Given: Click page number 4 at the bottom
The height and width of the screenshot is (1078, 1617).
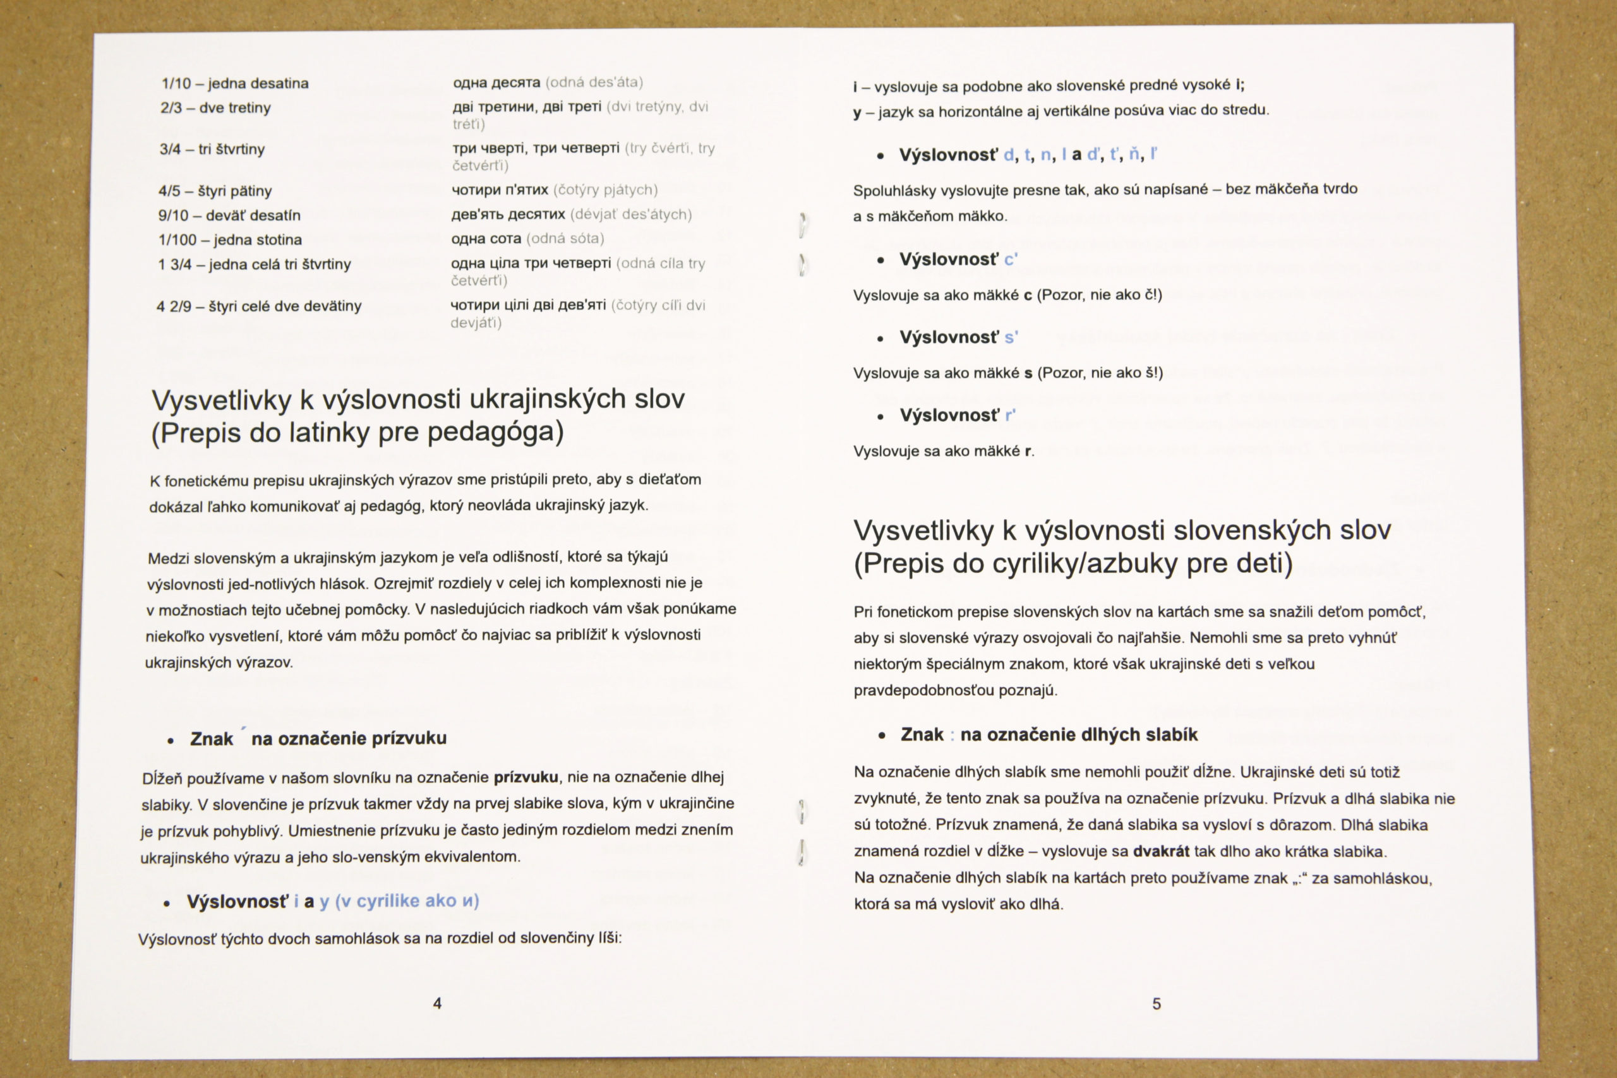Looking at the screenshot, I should (437, 1003).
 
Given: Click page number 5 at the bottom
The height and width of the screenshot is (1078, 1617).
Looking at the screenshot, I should (1157, 1003).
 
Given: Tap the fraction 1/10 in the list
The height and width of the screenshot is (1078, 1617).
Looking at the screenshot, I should (176, 83).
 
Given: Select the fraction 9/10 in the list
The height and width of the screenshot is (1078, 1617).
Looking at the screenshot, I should (173, 215).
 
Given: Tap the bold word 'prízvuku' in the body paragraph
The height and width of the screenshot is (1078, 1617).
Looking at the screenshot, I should (526, 777).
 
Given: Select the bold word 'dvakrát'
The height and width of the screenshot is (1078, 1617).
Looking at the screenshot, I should (1161, 851).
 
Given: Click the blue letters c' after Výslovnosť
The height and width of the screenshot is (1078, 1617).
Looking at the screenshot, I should (1011, 259).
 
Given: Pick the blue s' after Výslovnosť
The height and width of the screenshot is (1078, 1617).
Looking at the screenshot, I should (1011, 337).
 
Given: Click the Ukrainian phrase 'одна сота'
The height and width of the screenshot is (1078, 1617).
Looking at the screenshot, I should (486, 239).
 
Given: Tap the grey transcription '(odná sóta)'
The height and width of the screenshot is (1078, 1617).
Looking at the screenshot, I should (565, 239).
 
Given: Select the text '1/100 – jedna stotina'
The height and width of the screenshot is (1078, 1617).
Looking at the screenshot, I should (231, 240).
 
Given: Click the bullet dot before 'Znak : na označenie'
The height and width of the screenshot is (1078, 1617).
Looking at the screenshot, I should (882, 736).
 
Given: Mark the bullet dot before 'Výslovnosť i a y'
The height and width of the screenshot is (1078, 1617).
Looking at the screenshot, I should (166, 902).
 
